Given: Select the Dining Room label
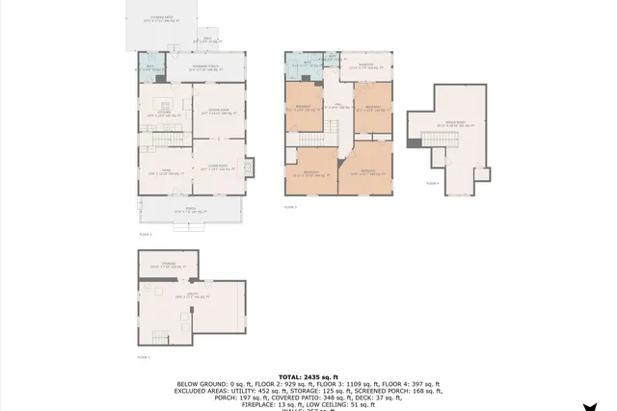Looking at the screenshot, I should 218,112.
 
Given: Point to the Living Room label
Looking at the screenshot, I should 217,167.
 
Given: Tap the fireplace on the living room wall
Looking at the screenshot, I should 250,167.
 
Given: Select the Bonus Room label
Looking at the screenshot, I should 451,123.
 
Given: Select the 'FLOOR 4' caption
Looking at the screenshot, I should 433,182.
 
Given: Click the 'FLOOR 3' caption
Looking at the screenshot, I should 290,207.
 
